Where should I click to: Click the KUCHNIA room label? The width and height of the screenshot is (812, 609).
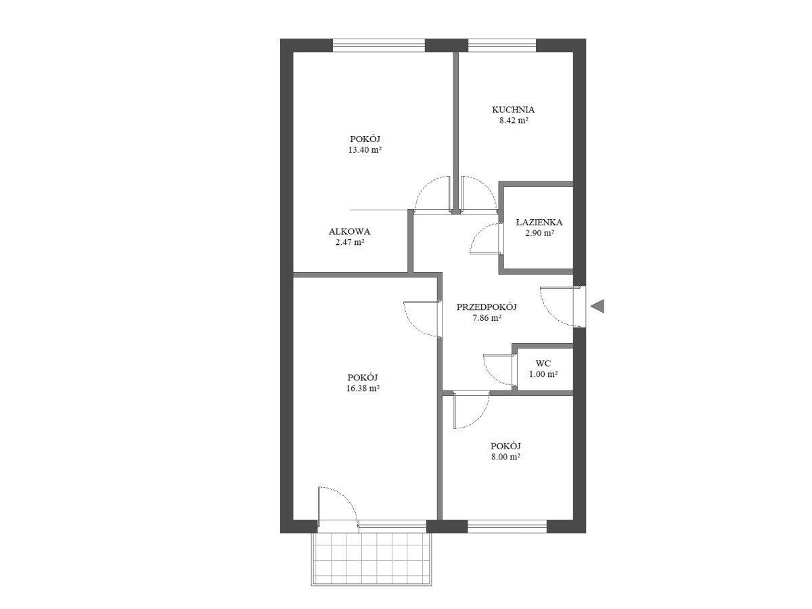[513, 110]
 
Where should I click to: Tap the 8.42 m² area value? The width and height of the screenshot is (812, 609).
[514, 120]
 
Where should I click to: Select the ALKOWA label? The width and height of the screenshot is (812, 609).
[349, 232]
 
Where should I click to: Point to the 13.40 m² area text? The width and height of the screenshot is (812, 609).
[365, 150]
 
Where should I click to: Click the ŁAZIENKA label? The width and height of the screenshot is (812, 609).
[539, 222]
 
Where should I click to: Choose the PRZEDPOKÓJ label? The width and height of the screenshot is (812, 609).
[487, 307]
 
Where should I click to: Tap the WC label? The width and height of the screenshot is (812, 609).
[543, 363]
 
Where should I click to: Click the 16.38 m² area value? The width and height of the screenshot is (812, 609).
[363, 388]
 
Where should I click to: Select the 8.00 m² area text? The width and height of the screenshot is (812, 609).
[505, 457]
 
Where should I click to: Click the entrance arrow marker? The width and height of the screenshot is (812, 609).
[598, 306]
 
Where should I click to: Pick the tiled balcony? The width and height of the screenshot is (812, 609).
[371, 564]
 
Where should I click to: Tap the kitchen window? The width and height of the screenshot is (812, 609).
[501, 45]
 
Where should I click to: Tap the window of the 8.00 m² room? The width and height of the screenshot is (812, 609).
[507, 526]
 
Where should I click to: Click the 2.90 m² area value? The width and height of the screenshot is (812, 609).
[539, 233]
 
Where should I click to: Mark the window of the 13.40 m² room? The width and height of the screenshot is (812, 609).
[378, 45]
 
